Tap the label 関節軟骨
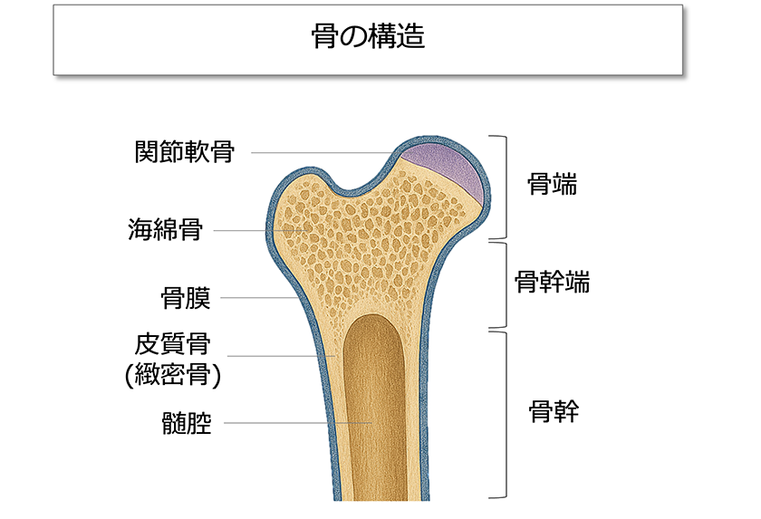pos(184,152)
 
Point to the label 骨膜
pos(185,297)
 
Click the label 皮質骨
pos(172,344)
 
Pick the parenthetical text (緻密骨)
pos(172,374)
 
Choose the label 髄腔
pos(185,422)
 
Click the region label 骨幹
pos(553,413)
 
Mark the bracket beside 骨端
pos(499,187)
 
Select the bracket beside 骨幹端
pos(499,284)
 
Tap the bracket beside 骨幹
pos(499,414)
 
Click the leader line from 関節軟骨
pos(326,153)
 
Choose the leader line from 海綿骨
pos(258,230)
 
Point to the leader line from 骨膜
pos(258,297)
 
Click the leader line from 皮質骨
pos(276,356)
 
